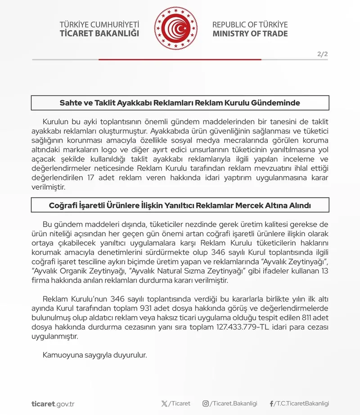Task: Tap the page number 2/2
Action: coord(322,54)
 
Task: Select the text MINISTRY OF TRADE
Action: coord(250,34)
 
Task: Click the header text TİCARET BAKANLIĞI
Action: coord(99,34)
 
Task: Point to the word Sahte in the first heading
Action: coord(70,103)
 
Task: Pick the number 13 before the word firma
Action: coord(324,271)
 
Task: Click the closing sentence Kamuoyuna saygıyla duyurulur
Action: coord(95,355)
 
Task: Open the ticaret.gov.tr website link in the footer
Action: coord(53,403)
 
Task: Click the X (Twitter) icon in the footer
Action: coord(164,403)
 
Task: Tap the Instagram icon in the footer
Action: coord(206,403)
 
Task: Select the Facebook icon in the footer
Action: coord(271,403)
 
